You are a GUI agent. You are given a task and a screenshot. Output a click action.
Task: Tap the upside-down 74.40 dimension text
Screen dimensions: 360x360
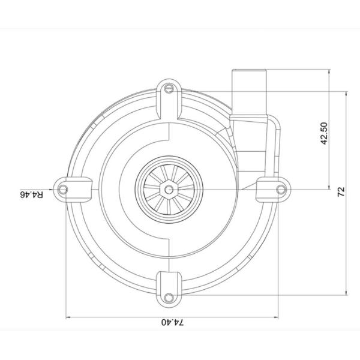click(x=173, y=322)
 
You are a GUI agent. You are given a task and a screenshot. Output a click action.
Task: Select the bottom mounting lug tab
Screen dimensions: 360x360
click(x=170, y=286)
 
